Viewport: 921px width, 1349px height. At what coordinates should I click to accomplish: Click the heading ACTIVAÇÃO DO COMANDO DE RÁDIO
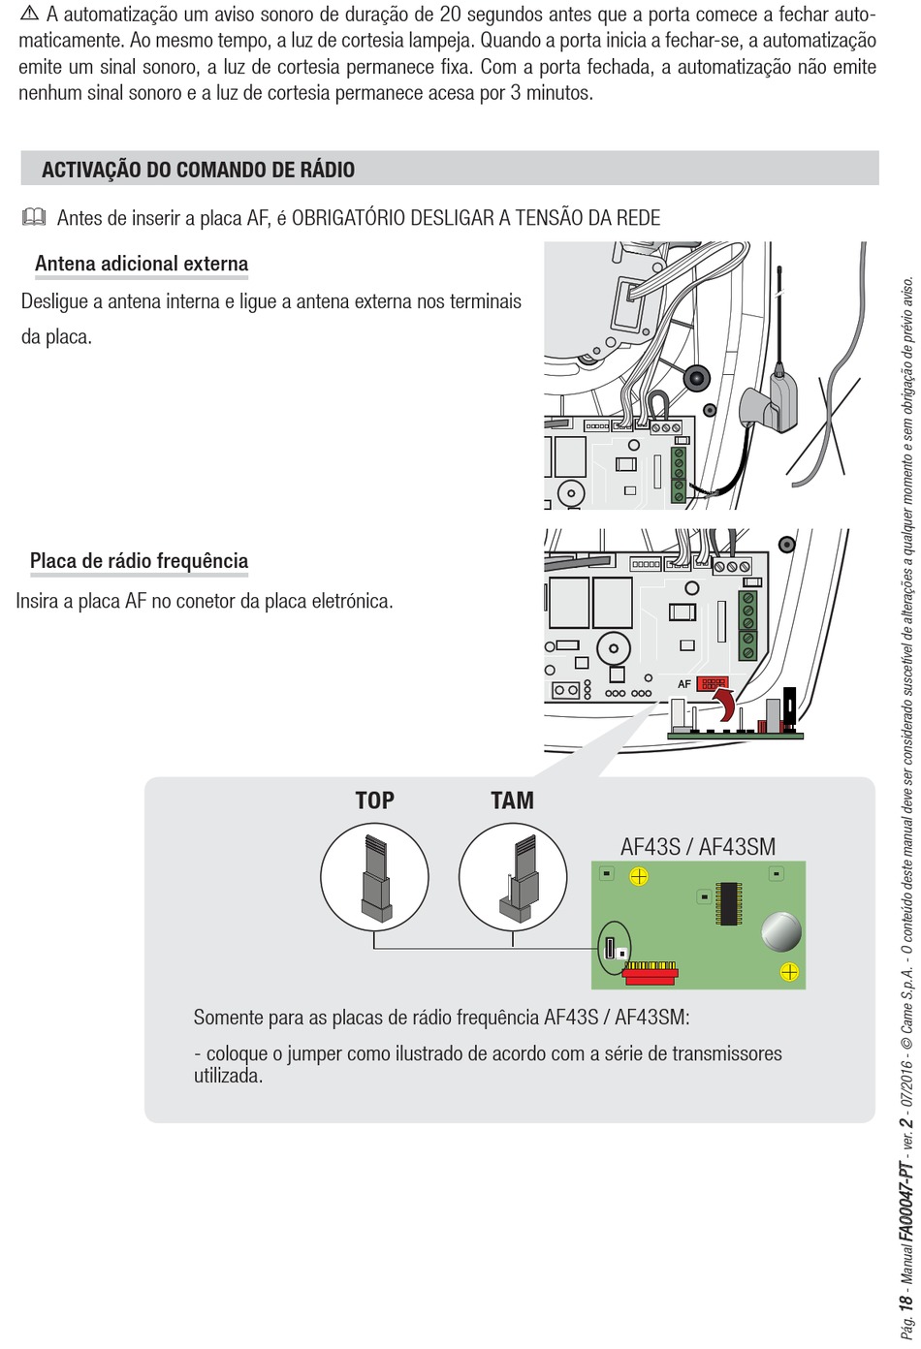tap(198, 170)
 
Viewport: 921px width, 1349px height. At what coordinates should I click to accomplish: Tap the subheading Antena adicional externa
tap(142, 264)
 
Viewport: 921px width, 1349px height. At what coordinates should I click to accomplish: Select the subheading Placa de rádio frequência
tap(139, 561)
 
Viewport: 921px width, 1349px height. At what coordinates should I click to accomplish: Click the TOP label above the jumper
tap(374, 800)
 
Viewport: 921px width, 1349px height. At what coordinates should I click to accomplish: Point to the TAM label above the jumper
tap(512, 800)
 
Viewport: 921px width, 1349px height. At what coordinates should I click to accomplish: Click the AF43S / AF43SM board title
tap(698, 846)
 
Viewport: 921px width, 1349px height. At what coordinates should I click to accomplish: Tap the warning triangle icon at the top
tap(29, 14)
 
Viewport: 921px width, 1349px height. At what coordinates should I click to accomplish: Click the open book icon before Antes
tap(33, 217)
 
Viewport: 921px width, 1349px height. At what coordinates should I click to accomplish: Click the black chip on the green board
tap(727, 903)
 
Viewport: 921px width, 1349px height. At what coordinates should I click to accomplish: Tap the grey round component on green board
tap(780, 932)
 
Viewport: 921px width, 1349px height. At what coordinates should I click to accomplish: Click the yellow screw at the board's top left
tap(638, 877)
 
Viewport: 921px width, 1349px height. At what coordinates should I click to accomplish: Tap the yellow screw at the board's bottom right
tap(789, 972)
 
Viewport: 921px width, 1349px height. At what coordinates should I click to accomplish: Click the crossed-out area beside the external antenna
tap(825, 432)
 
